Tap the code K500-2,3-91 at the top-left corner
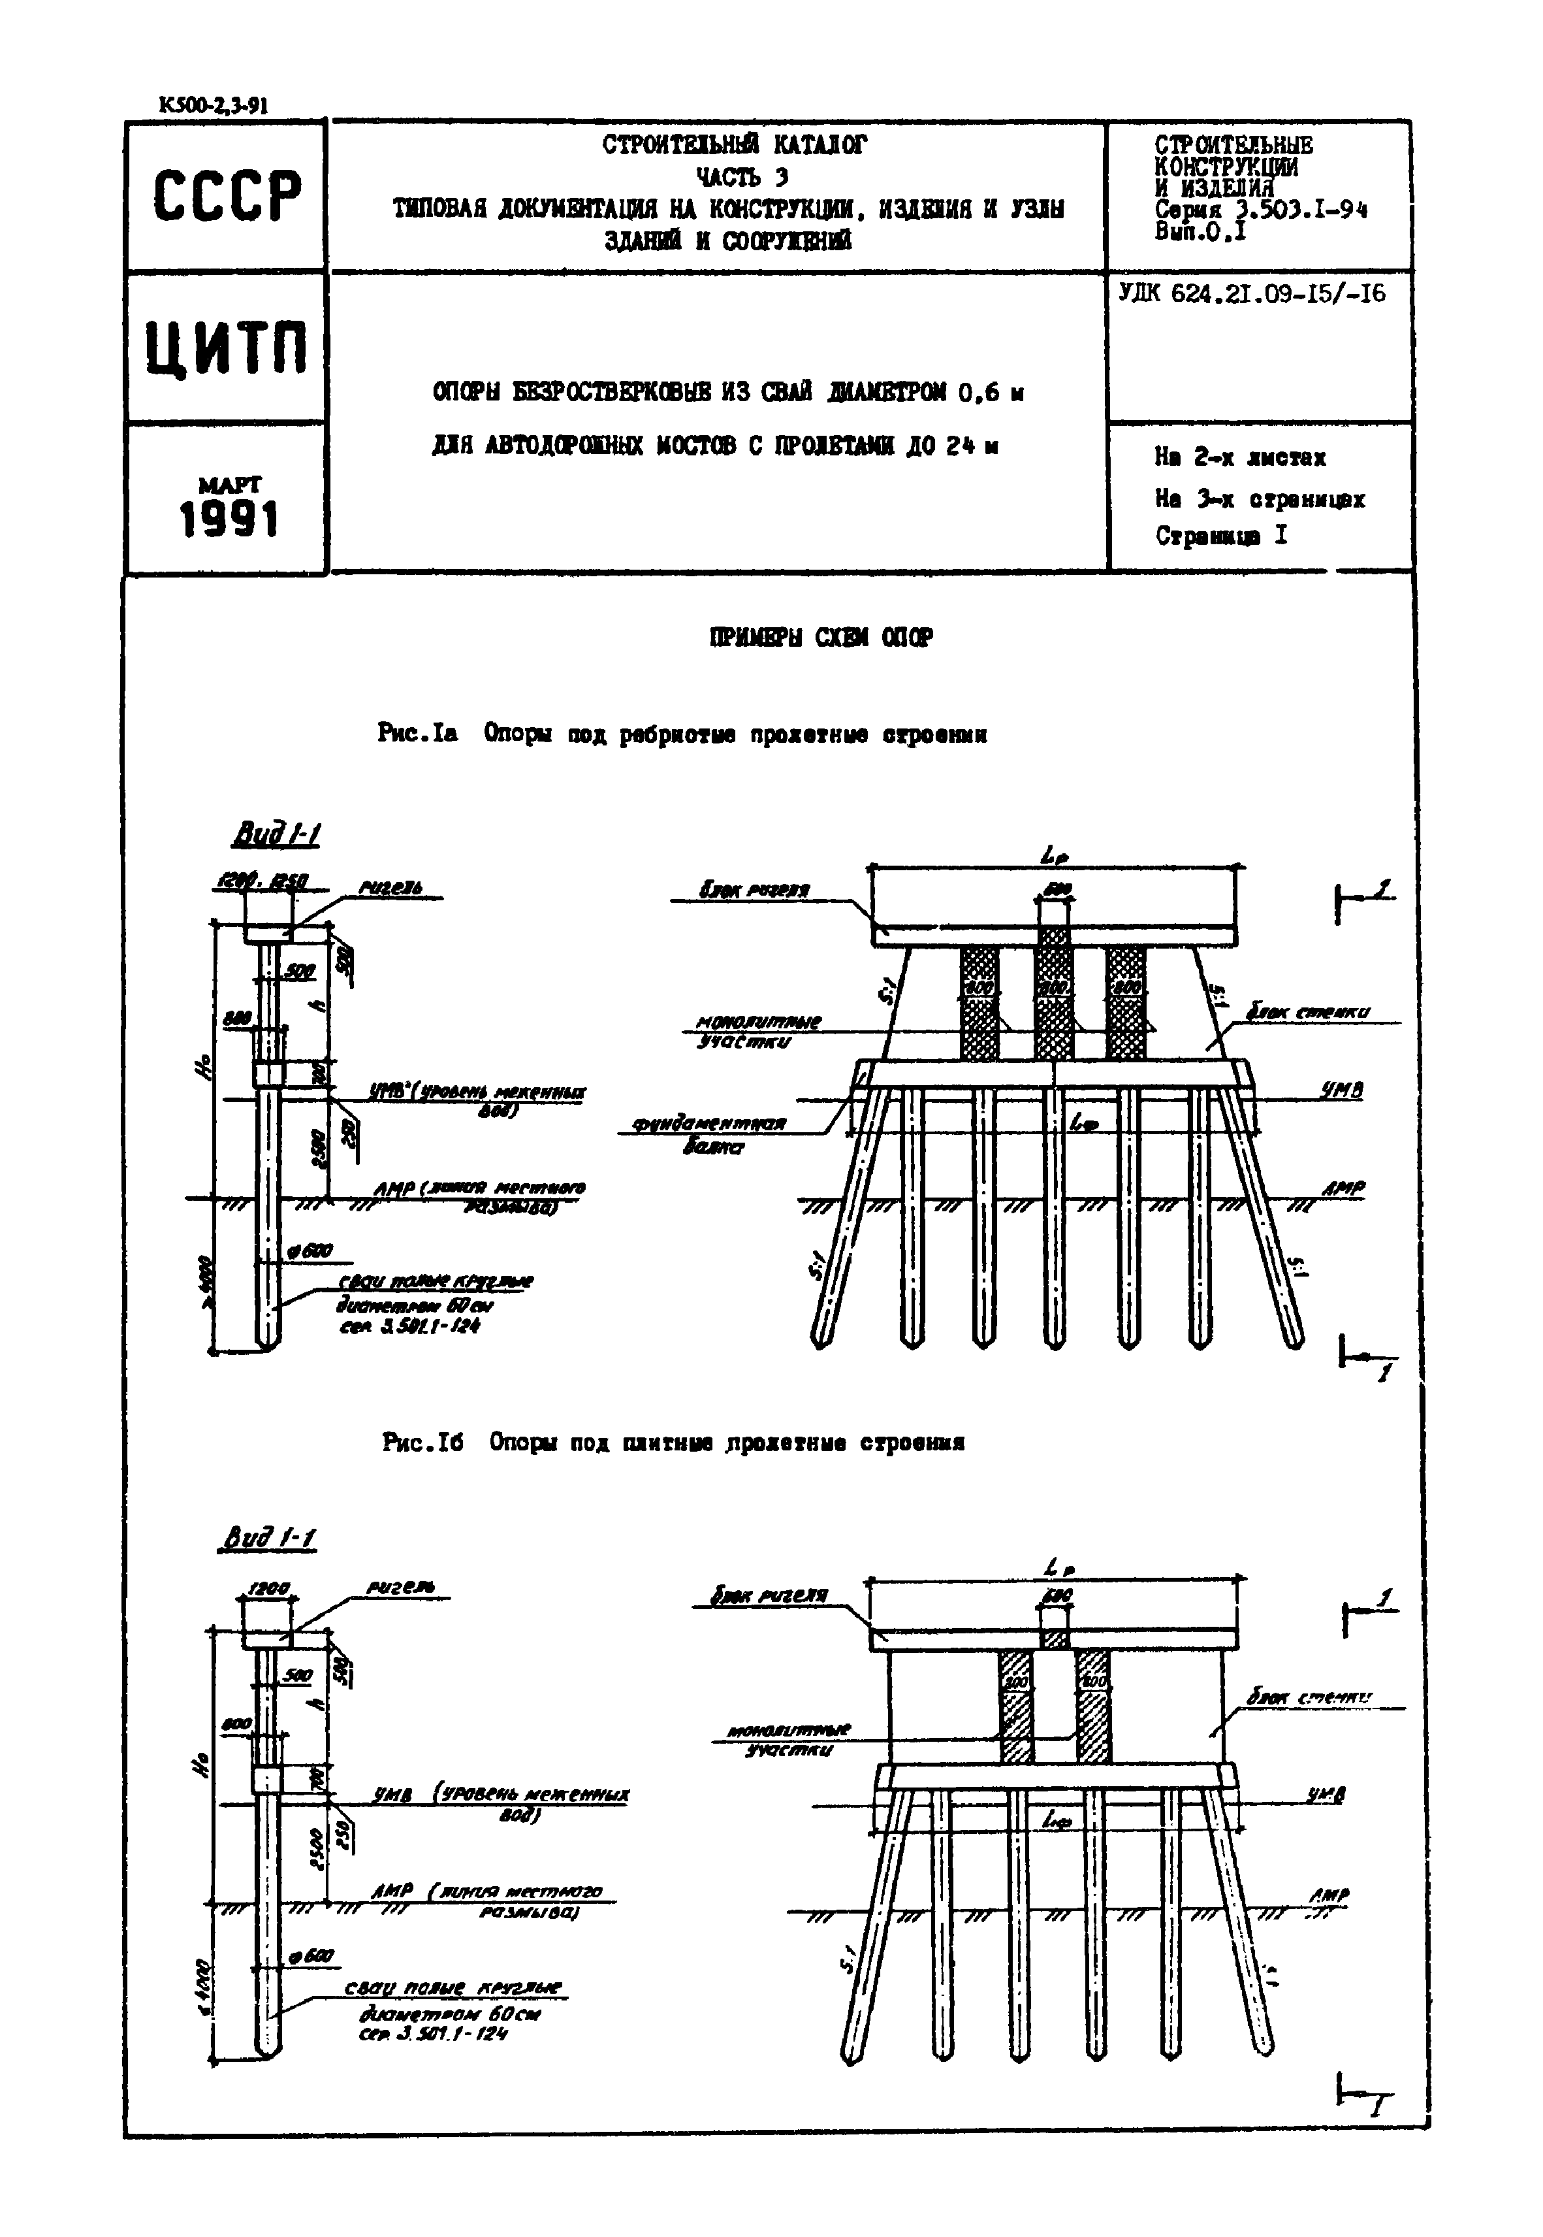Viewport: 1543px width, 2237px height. (214, 106)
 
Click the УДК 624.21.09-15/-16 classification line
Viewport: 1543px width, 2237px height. (1252, 293)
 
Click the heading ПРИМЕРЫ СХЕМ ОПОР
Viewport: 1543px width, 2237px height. (821, 638)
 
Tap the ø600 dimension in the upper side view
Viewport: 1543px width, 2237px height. (310, 1250)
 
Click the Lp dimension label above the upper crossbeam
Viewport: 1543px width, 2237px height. (1055, 855)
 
